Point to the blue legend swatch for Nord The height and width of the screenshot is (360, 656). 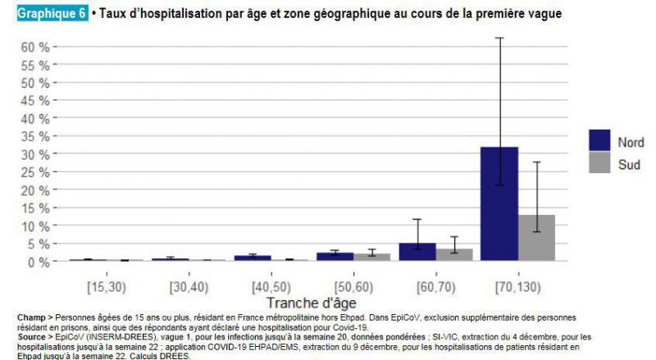tap(602, 141)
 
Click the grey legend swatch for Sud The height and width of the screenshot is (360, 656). tap(602, 162)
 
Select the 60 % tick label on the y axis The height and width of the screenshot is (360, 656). tap(35, 47)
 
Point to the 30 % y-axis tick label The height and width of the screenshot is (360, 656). tap(35, 154)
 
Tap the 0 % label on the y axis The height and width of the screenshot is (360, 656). tap(39, 262)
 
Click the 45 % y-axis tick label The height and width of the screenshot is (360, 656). tap(35, 101)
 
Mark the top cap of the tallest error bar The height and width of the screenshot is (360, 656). tap(499, 39)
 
